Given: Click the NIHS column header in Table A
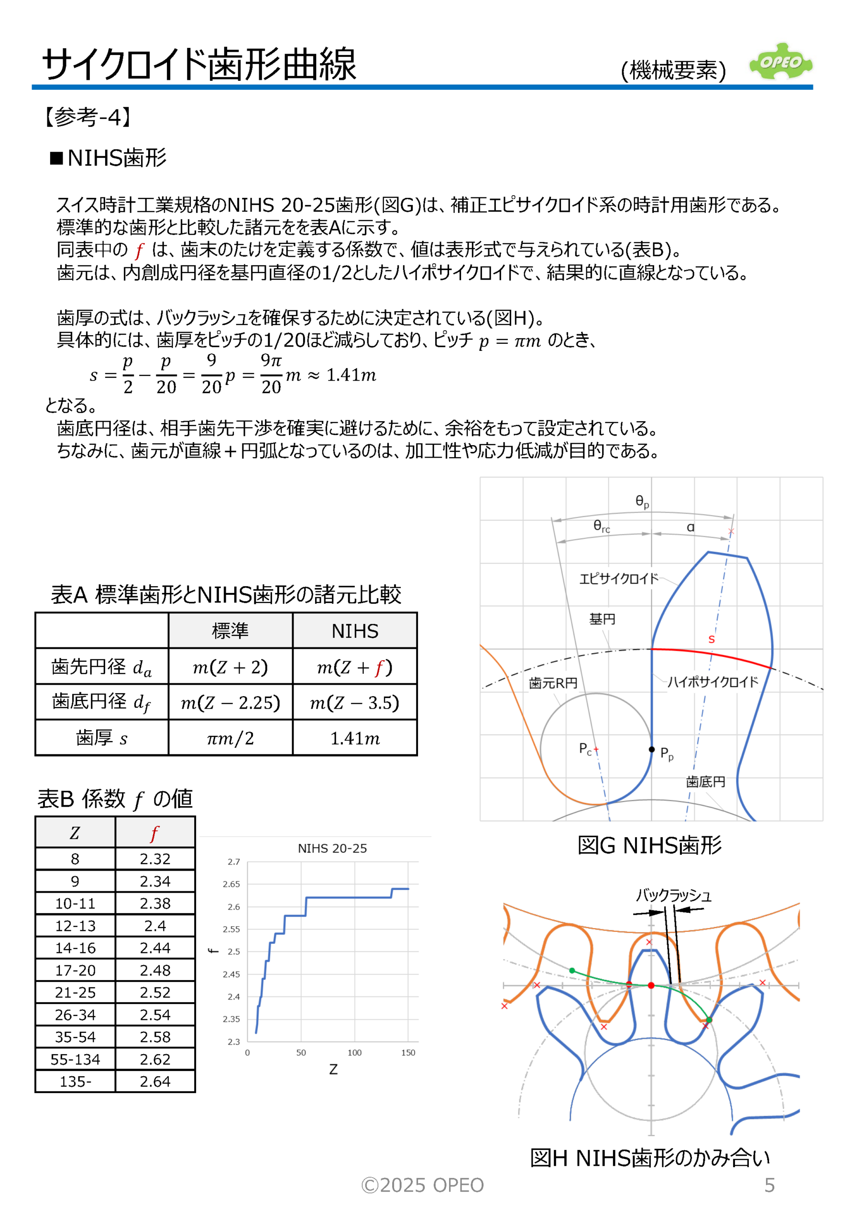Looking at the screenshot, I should coord(355,631).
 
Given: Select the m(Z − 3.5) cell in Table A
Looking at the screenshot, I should coord(355,702).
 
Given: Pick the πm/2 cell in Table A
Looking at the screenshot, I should coord(230,738).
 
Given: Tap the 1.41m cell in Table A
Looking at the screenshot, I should coord(355,738).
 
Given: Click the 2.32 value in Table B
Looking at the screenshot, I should coord(155,859).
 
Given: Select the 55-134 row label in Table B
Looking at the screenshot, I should coord(75,1060).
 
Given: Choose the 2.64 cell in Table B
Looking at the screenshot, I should coord(155,1082).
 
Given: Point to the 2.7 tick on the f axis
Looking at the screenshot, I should coord(233,862).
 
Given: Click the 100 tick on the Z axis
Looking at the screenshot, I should coord(354,1053).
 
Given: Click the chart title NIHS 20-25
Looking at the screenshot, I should coord(332,849).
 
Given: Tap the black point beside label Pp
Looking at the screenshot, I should coord(651,749).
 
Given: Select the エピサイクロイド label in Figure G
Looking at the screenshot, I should coord(618,579).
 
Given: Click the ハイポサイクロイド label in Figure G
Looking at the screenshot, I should coord(713,682).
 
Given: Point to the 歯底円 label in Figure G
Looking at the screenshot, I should coord(705,782).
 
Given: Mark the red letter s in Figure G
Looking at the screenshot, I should coord(712,640).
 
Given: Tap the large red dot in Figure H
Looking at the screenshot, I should coord(651,985).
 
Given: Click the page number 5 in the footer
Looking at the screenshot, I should coord(769,1185).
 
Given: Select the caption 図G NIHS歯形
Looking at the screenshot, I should coord(649,845).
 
